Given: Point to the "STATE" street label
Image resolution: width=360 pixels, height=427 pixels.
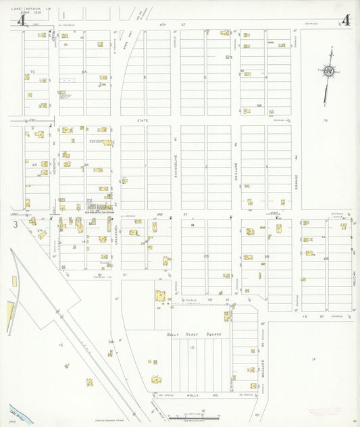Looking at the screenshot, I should (x=143, y=120).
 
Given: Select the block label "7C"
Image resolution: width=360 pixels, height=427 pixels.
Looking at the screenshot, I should (x=32, y=70).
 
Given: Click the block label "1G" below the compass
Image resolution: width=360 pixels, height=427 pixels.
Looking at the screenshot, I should (x=324, y=120).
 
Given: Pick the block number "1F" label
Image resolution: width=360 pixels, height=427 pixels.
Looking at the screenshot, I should (x=313, y=359).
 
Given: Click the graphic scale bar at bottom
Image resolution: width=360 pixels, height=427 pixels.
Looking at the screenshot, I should (x=190, y=417).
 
